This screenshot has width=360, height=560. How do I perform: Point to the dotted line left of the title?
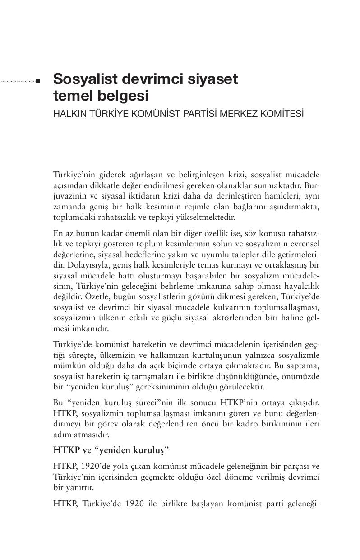[18, 82]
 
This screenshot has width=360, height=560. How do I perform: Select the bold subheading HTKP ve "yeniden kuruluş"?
[111, 450]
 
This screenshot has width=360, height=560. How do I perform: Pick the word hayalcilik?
[302, 286]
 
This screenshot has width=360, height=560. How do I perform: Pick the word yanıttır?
[75, 487]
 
